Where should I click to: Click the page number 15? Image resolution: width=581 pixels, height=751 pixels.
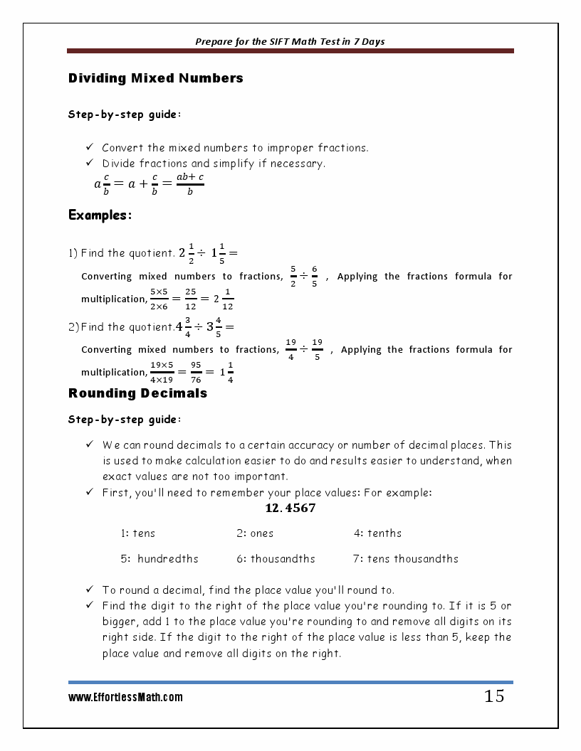[494, 696]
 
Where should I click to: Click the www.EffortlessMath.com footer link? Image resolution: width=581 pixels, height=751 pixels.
[125, 698]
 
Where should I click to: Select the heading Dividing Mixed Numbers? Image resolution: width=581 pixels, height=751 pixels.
[155, 78]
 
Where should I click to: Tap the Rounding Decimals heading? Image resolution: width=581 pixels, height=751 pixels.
[137, 393]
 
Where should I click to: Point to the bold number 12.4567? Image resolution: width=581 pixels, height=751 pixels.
[290, 508]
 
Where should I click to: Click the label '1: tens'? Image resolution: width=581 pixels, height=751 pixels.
[137, 533]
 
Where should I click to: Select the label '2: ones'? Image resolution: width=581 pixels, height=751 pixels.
[255, 533]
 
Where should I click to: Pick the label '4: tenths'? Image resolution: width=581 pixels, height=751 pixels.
[377, 533]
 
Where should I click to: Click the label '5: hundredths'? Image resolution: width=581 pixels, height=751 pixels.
[159, 559]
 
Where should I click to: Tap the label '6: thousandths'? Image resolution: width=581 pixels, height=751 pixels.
[276, 559]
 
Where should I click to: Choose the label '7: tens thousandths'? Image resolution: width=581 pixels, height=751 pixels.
[405, 559]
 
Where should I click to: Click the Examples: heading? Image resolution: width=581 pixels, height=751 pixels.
[100, 215]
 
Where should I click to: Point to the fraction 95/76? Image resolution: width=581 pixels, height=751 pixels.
[196, 372]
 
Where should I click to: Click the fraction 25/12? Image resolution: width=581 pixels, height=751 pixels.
[191, 299]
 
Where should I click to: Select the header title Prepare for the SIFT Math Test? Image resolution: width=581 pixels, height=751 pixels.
[290, 41]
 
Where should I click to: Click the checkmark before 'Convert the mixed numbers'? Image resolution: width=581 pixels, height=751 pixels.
[90, 147]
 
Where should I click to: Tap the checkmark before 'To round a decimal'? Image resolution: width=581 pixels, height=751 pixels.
[90, 590]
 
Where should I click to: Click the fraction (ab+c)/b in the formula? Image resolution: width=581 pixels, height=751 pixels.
[190, 183]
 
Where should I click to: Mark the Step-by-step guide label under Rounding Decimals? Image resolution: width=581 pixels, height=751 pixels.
[124, 420]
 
